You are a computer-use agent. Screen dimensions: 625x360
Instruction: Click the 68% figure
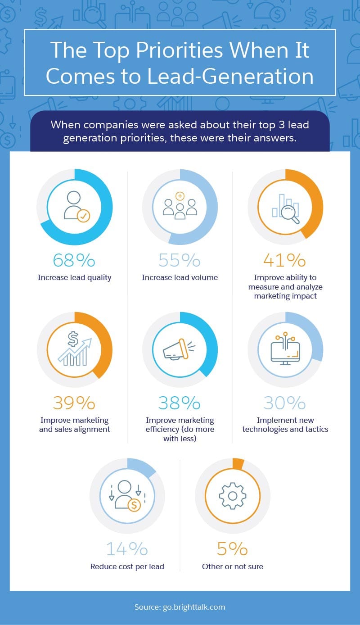[x=74, y=260]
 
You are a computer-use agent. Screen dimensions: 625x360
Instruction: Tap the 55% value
[x=179, y=260]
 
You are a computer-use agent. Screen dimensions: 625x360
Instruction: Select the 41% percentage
[x=284, y=260]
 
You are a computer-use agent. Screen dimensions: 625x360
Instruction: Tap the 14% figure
[x=127, y=549]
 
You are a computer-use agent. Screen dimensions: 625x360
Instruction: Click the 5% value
[x=232, y=549]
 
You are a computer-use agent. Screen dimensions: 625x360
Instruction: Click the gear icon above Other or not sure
[x=232, y=496]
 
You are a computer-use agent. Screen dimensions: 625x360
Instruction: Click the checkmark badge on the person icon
[x=83, y=216]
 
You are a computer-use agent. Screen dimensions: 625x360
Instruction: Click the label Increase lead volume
[x=180, y=277]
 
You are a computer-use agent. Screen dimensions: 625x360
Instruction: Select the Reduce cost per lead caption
[x=127, y=566]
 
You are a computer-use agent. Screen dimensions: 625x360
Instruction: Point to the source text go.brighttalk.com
[x=193, y=607]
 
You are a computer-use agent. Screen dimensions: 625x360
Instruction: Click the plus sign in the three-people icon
[x=180, y=196]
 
